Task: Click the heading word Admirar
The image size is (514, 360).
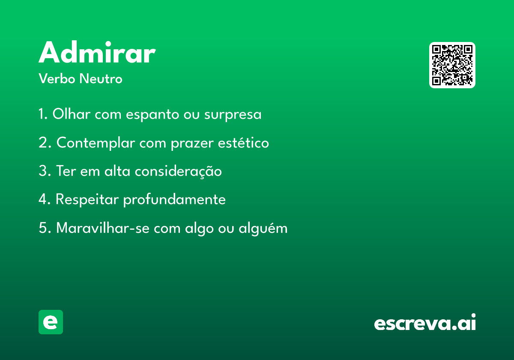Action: [97, 52]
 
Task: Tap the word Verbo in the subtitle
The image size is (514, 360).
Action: [57, 78]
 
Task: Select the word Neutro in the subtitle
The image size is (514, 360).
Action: [101, 78]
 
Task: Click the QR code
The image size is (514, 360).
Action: [452, 65]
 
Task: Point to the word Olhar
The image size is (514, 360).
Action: [72, 114]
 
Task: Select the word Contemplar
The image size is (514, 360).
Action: [96, 143]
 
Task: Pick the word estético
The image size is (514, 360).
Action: [243, 143]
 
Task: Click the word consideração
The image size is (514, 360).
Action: [178, 171]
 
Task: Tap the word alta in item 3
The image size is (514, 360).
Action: [117, 171]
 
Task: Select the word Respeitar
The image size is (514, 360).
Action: [87, 200]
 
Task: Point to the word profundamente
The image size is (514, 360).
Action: [174, 200]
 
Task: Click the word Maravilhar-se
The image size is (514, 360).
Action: [103, 228]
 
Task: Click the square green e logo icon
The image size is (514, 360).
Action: [51, 322]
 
